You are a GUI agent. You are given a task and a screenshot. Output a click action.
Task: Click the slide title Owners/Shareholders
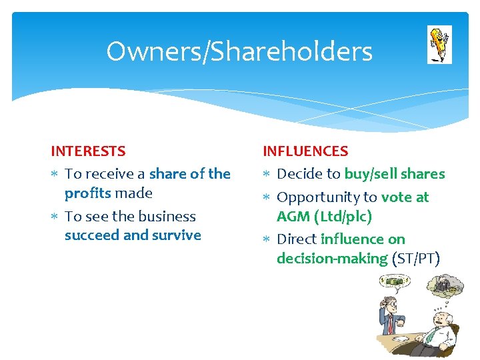[x=239, y=51]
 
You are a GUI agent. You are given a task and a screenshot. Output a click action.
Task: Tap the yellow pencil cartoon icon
[x=439, y=44]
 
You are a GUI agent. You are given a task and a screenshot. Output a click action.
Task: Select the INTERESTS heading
[x=88, y=151]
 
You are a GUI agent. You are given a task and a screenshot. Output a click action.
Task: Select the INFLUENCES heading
[x=305, y=151]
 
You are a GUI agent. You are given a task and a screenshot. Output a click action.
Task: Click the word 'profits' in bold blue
[x=88, y=193]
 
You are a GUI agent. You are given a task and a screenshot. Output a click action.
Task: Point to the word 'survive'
[x=177, y=235]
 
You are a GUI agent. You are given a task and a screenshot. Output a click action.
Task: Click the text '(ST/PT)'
[x=416, y=259]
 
